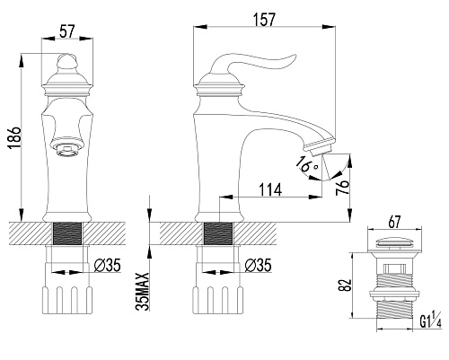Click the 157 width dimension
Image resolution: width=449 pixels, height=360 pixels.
(264, 20)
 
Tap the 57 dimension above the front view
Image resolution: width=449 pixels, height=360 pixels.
(66, 31)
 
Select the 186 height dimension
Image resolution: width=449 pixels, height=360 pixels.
(14, 138)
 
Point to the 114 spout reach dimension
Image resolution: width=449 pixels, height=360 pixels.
(270, 189)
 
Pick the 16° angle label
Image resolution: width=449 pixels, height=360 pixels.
(306, 164)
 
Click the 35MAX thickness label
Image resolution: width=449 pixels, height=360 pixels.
(143, 292)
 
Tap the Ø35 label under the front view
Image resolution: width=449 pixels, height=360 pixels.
(108, 265)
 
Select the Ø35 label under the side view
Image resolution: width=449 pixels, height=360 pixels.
(258, 265)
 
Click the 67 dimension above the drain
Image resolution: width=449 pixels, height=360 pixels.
(394, 222)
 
